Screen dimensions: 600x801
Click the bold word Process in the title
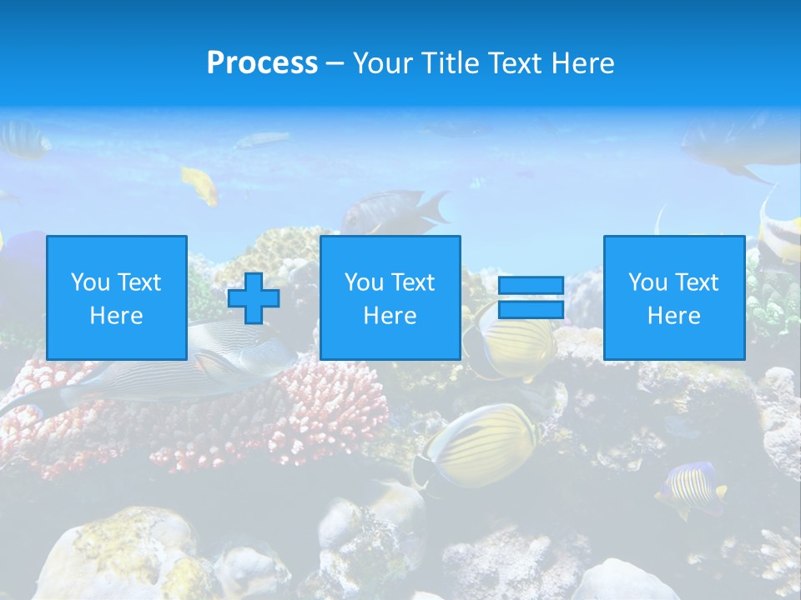(x=262, y=63)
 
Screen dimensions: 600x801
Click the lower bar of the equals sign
(x=531, y=310)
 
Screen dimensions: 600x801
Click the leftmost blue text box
(x=117, y=297)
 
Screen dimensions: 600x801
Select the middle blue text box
(x=390, y=297)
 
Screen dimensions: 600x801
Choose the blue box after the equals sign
(x=673, y=297)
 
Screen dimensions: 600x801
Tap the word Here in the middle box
(x=390, y=316)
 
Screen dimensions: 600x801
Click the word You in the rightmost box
(x=647, y=282)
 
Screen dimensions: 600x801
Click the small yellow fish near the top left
(x=201, y=184)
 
